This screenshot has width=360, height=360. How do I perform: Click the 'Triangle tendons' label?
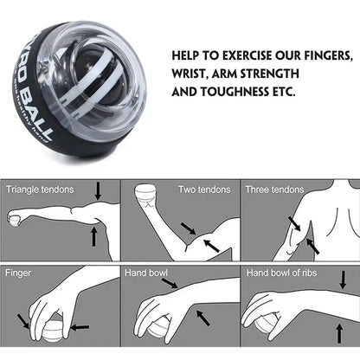[x=40, y=189]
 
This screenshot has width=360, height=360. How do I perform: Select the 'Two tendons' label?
[x=204, y=189]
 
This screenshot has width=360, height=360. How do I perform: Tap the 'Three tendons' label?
[x=273, y=189]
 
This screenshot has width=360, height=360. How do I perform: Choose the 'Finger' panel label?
[x=19, y=272]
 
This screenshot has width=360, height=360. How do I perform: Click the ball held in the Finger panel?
[x=46, y=333]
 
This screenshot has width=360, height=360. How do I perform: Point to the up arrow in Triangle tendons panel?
[x=93, y=235]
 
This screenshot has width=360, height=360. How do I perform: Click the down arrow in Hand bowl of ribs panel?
[x=341, y=280]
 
